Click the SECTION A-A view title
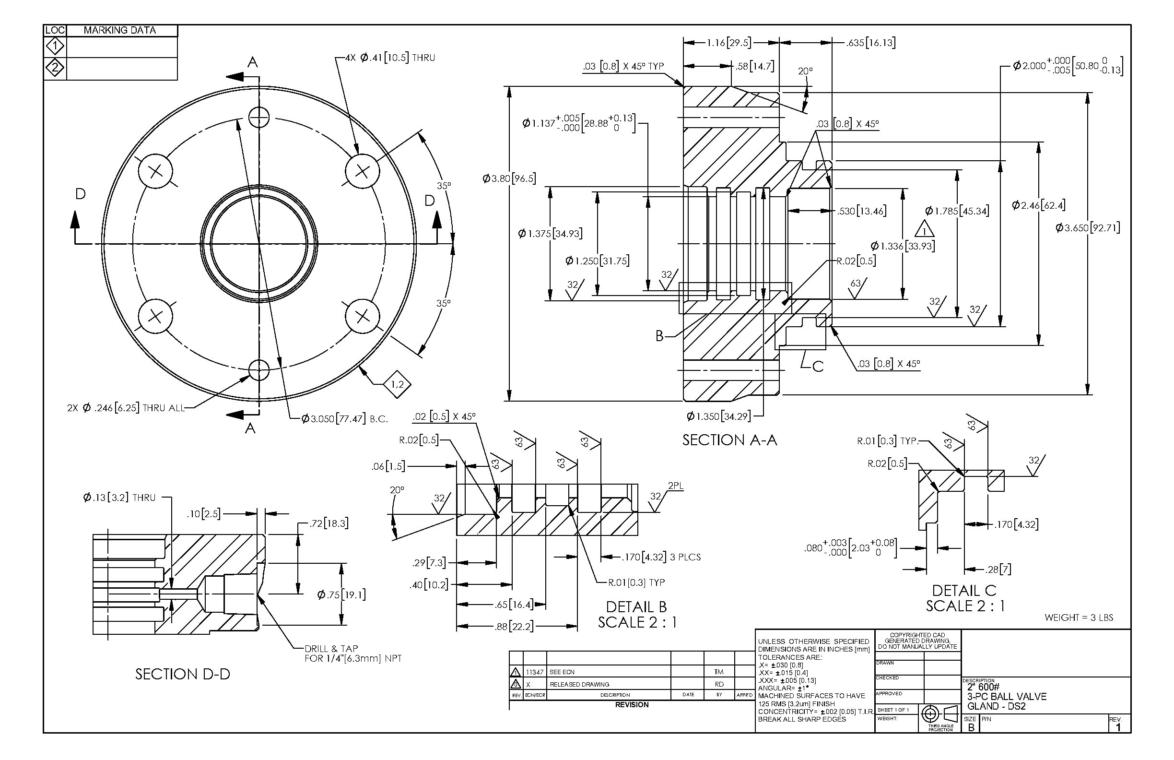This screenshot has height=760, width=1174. pos(729,439)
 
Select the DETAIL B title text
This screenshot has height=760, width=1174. pos(636,606)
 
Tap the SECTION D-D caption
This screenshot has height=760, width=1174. pos(183,674)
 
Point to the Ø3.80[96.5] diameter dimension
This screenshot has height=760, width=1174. pos(509,178)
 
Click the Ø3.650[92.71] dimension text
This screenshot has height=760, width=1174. pos(1088,228)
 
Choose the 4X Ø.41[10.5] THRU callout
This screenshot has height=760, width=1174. pos(390,58)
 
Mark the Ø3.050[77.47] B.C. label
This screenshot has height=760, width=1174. pos(345,419)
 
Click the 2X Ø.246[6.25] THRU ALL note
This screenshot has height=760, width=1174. pos(125,408)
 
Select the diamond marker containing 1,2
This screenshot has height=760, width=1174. pos(397,384)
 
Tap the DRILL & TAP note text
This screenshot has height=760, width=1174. pos(353,653)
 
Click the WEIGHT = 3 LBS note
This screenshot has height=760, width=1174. pos(1079,617)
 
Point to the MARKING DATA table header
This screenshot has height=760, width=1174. pos(120,30)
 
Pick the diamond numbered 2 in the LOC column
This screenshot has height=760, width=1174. pos(55,68)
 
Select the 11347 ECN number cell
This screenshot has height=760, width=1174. pos(535,672)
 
